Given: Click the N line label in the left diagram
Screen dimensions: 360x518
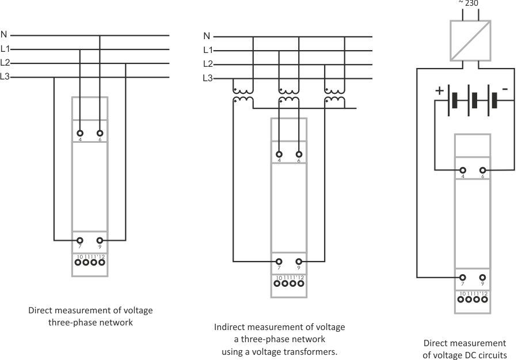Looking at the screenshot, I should [x=5, y=36].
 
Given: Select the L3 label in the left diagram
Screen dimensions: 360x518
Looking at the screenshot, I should [x=5, y=77].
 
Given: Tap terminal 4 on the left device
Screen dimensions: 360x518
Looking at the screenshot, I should [x=80, y=133].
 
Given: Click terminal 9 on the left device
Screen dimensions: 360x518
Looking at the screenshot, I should [x=100, y=240].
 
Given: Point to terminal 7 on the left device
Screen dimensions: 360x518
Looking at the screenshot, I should [x=80, y=240].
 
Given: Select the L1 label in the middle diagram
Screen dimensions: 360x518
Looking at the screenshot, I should [x=208, y=50].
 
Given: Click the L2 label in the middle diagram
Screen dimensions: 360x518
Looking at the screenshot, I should [x=208, y=64].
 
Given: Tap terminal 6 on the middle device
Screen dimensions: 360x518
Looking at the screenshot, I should [x=299, y=154].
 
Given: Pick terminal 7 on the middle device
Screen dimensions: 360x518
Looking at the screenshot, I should [x=279, y=261].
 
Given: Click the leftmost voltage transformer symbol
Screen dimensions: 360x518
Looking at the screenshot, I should [x=242, y=95].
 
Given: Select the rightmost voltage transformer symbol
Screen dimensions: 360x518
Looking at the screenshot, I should [x=334, y=95].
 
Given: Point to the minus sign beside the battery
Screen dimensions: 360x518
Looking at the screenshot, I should [x=504, y=90].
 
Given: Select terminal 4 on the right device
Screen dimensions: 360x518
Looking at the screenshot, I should [x=463, y=170].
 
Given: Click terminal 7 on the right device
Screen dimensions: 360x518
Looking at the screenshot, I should [x=463, y=277].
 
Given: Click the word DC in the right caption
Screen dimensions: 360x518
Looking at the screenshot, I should [x=465, y=355].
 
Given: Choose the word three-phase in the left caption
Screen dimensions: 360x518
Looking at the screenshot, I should [x=75, y=323].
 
